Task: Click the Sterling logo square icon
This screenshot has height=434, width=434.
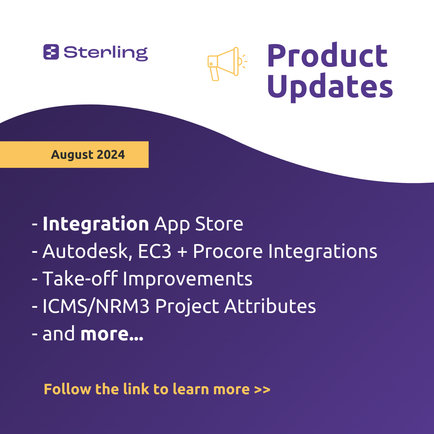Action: pos(51,52)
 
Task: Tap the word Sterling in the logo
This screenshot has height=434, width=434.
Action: pos(106,54)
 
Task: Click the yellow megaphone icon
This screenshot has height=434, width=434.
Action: pos(227,64)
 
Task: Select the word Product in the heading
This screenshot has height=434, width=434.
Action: pos(327,55)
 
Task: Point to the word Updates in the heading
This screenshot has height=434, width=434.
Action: pos(330,88)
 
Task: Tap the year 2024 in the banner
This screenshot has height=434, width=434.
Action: pos(111,154)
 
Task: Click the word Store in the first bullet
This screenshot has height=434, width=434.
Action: pos(219,224)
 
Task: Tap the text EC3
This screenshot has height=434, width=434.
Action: pos(154,251)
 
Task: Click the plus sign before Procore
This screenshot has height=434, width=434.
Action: pos(182,252)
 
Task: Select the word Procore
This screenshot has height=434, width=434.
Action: pos(228,251)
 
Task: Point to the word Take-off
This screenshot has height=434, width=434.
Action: pos(80,278)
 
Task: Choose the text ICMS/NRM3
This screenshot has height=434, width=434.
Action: pos(96,307)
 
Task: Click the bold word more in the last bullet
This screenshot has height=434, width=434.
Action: pos(112,334)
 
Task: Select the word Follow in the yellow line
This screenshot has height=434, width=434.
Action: pos(67,389)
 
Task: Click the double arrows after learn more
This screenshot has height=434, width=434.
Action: pos(262,390)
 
